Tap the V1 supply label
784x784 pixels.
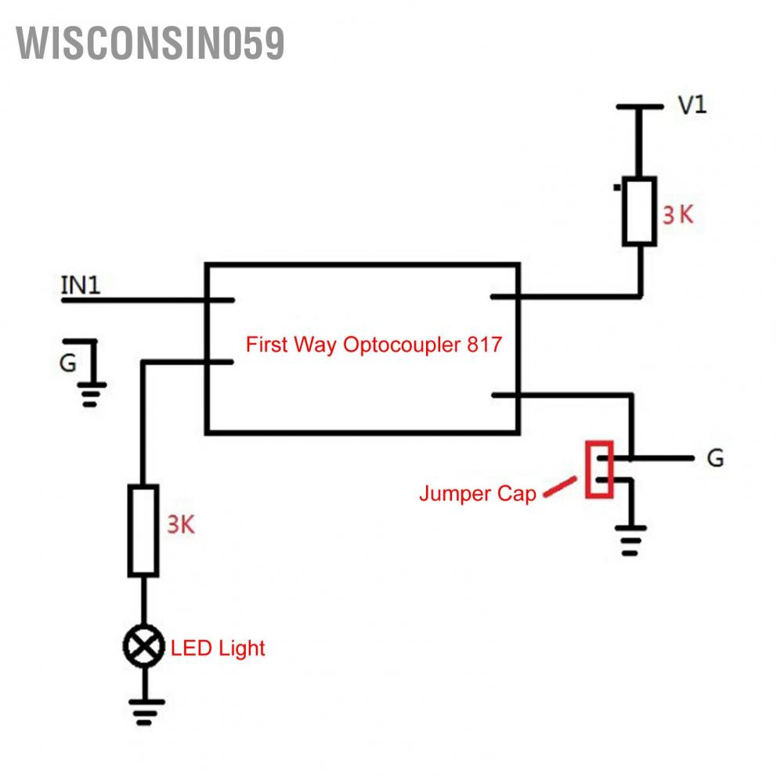[692, 105]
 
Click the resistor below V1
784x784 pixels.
[639, 211]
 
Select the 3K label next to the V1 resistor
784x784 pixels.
[677, 215]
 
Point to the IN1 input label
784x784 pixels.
[81, 285]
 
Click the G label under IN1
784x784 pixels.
[68, 363]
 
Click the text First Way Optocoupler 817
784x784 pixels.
[373, 345]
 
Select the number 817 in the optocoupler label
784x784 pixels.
[484, 345]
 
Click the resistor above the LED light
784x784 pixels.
[144, 530]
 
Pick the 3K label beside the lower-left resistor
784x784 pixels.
[180, 525]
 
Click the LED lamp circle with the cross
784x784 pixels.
[143, 647]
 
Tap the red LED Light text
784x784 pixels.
[218, 649]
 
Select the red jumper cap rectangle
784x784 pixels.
[598, 469]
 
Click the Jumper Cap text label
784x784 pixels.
[477, 493]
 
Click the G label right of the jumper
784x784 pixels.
[715, 458]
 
